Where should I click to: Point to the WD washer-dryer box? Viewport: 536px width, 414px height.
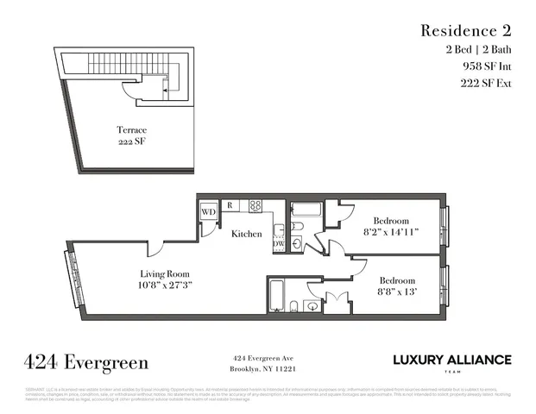coord(208,211)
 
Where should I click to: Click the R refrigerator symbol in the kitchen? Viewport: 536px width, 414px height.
coord(230,205)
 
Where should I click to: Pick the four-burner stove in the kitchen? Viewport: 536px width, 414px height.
coord(255,205)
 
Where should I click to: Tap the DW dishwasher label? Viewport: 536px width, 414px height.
coord(279,244)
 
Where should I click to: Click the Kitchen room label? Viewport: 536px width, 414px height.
coord(246,234)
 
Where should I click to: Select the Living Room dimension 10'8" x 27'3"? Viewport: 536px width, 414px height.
coord(163,284)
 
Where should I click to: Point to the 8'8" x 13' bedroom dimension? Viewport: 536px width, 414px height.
coord(397,292)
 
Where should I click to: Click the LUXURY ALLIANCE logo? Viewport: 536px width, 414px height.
coord(451,360)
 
